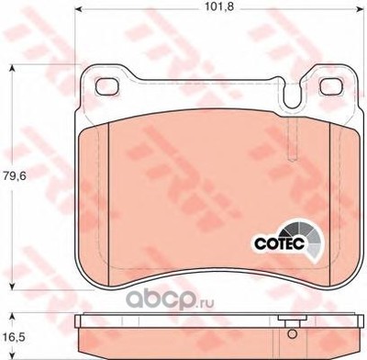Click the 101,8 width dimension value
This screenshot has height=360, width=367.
[x=219, y=6]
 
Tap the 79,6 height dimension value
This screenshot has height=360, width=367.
[x=14, y=176]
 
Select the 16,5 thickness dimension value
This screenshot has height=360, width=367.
[x=14, y=338]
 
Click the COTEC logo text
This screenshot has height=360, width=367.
[x=280, y=243]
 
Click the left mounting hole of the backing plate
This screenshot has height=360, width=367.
[x=107, y=85]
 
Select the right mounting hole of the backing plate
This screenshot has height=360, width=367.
[x=331, y=85]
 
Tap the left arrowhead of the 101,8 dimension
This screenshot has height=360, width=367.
[x=78, y=10]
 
